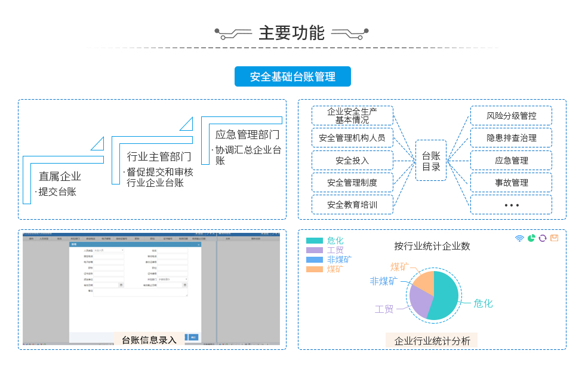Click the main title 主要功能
(291, 33)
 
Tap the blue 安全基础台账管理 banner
(292, 76)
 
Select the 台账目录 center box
(431, 161)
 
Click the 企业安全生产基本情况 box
(352, 115)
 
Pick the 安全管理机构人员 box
(352, 138)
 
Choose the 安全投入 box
(352, 160)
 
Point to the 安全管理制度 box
(352, 183)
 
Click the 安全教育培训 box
(352, 205)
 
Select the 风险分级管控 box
(511, 115)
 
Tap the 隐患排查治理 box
(511, 138)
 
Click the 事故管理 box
(511, 183)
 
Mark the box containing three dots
(511, 205)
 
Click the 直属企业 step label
(60, 176)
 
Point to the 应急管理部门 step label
(247, 134)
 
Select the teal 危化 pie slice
(445, 296)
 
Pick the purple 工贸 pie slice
(421, 301)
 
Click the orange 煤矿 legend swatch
(315, 269)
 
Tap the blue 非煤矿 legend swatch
(315, 260)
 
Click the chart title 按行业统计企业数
(432, 246)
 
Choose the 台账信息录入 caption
(149, 340)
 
